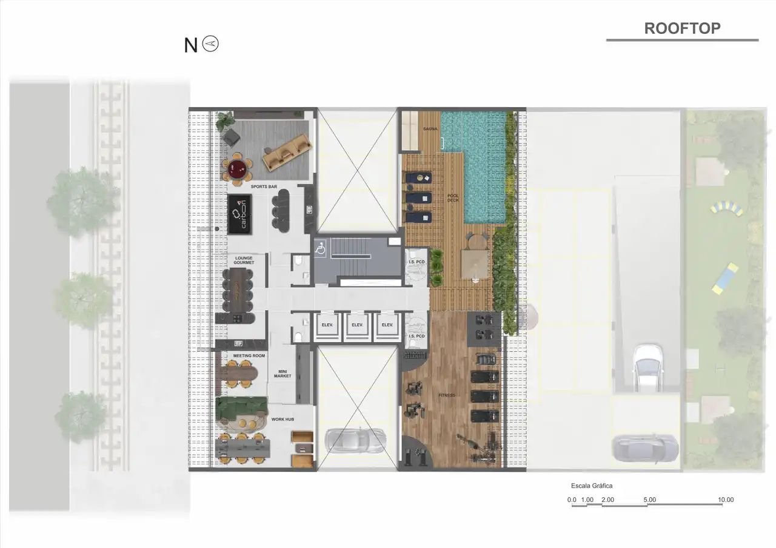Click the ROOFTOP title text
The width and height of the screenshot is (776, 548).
[682, 28]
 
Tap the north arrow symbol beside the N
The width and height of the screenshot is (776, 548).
[211, 44]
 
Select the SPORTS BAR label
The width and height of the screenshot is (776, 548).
[264, 187]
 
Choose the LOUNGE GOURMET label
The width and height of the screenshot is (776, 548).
[243, 260]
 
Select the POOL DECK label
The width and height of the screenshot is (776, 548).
[453, 198]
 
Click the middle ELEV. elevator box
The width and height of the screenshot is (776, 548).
[356, 325]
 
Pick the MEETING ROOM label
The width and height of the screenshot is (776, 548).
[249, 356]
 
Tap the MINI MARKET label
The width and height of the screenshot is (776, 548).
[282, 373]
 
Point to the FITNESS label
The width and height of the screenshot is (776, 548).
[447, 395]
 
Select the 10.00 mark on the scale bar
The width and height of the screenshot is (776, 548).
[726, 500]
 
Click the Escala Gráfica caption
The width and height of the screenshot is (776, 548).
[591, 486]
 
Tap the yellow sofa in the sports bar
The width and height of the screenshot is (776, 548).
[287, 150]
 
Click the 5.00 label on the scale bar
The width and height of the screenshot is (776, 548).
[649, 500]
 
